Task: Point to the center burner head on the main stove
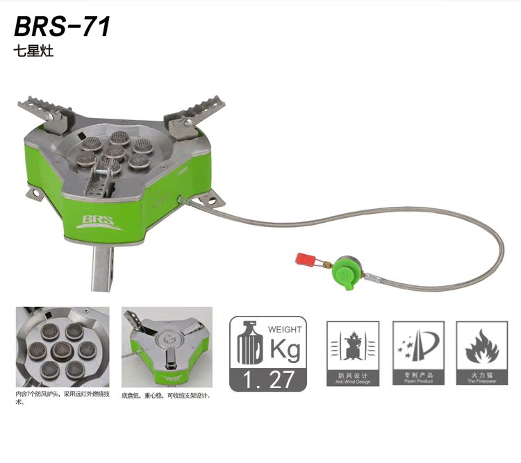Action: tap(115, 151)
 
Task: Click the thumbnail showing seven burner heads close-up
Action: tap(63, 347)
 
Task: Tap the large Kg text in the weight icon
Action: tap(284, 349)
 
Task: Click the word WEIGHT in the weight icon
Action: tap(286, 329)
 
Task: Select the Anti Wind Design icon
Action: tap(353, 353)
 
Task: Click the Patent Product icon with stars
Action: tap(418, 353)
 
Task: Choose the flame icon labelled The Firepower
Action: tap(481, 353)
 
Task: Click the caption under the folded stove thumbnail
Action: tap(165, 396)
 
